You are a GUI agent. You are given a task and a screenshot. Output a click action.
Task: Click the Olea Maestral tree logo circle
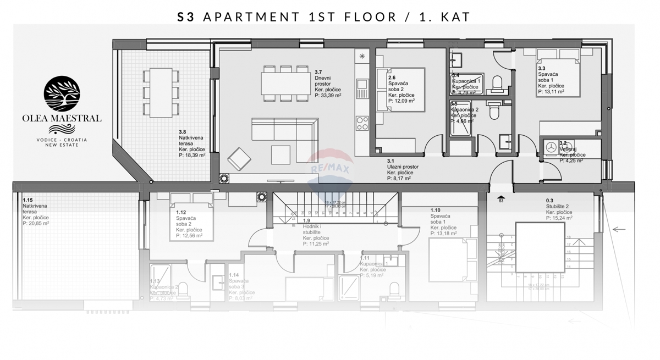pyautogui.click(x=61, y=94)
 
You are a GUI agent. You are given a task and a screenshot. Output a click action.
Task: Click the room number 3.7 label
pyautogui.click(x=319, y=72)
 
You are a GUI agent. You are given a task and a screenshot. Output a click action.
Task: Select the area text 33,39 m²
pyautogui.click(x=328, y=95)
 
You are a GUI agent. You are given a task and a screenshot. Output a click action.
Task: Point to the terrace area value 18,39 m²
pyautogui.click(x=193, y=156)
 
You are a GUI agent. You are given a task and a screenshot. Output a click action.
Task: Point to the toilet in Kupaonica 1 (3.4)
pyautogui.click(x=497, y=83)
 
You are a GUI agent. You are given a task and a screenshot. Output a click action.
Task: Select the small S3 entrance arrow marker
pyautogui.click(x=501, y=198)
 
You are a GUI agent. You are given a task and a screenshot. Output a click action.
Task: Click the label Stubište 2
pyautogui.click(x=558, y=207)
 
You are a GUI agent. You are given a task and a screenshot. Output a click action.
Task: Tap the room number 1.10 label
pyautogui.click(x=436, y=211)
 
